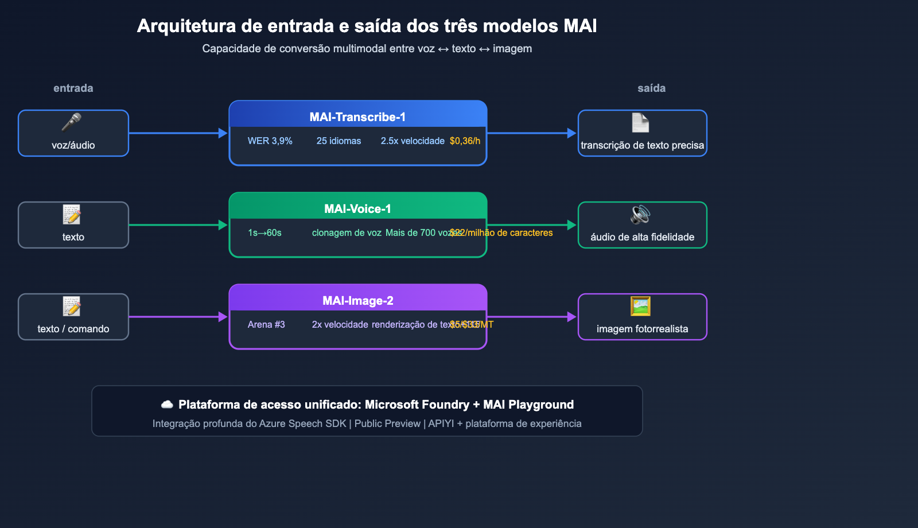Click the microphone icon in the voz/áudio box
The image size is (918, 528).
(72, 122)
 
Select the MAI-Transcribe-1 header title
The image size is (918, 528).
(357, 117)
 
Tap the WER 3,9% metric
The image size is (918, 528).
(270, 141)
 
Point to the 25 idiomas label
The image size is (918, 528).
(339, 141)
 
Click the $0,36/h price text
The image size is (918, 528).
(465, 141)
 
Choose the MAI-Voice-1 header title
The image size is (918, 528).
(357, 209)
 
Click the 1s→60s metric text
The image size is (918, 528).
(264, 232)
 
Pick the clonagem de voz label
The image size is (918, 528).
(347, 232)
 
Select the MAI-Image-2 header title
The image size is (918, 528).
(357, 301)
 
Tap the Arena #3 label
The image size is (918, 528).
(266, 324)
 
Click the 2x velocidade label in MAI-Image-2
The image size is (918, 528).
(340, 324)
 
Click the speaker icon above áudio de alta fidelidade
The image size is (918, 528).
(640, 215)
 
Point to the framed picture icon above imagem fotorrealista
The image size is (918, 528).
(640, 306)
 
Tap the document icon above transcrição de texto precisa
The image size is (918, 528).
(640, 123)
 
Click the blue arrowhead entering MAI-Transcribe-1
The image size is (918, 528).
(223, 133)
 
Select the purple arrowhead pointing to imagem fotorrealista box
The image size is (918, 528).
(571, 317)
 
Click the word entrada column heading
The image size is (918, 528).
(73, 88)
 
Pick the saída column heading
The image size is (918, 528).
(651, 88)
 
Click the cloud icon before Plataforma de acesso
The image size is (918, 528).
(167, 405)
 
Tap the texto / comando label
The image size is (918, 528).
(73, 329)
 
